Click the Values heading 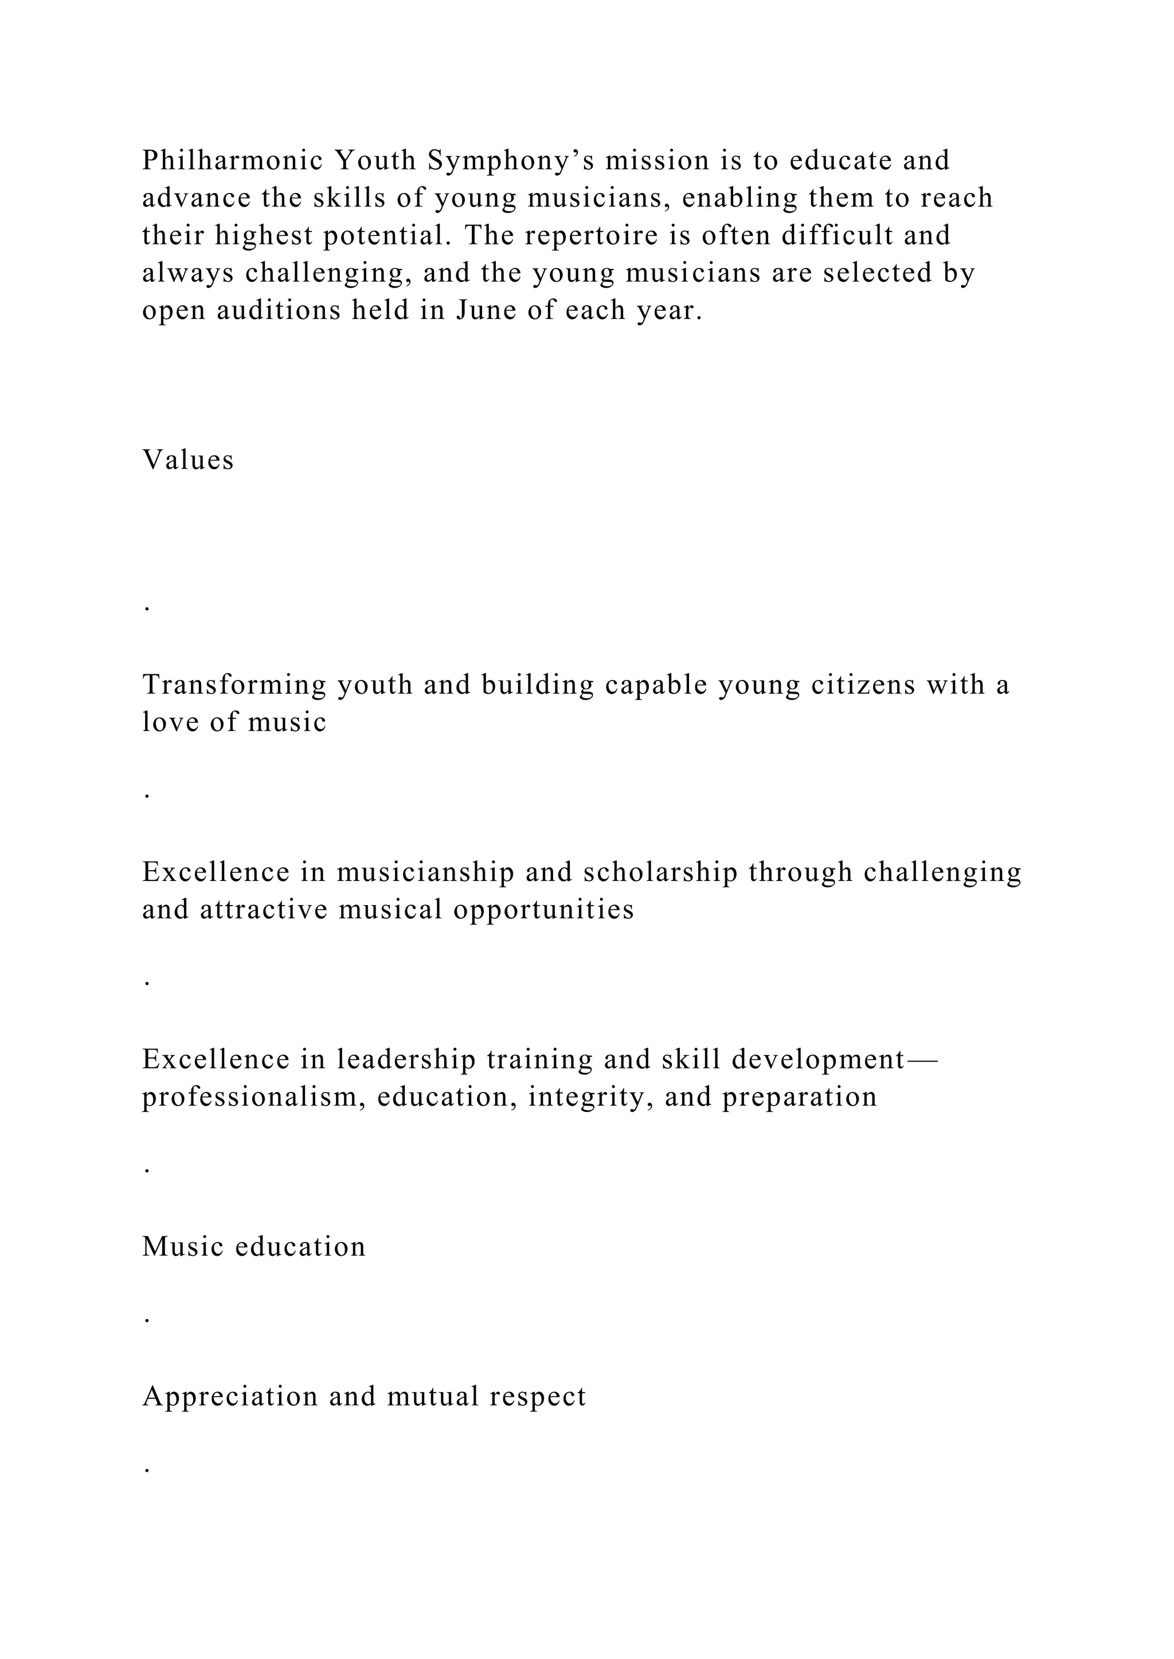[x=188, y=460]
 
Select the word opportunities [x=543, y=910]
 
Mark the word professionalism [x=254, y=1098]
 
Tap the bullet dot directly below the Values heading [x=147, y=608]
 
